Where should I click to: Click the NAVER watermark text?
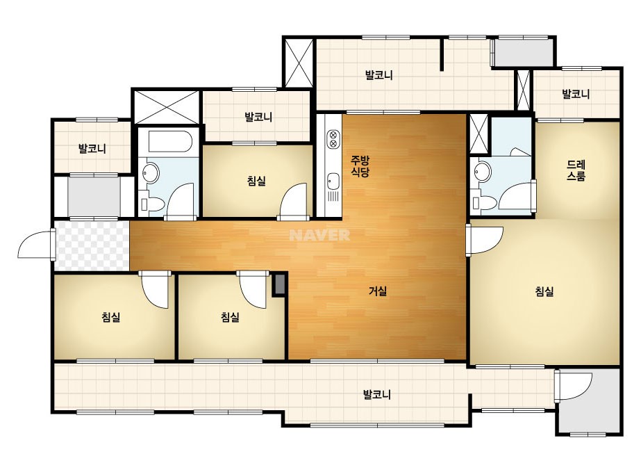[319, 234]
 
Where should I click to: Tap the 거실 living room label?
[378, 291]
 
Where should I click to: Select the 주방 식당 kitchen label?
[360, 165]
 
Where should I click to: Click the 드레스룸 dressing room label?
[576, 170]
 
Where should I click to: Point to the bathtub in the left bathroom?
[169, 141]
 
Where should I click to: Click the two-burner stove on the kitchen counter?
[333, 138]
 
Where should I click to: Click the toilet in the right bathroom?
[483, 202]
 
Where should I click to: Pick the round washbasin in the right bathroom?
[483, 171]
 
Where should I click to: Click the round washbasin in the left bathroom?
[151, 173]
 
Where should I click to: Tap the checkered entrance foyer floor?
[92, 245]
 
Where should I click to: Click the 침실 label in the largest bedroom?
[544, 291]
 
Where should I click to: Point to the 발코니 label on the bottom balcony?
[377, 395]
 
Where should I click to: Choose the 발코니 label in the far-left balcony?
[92, 148]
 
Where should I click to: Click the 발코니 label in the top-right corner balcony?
[576, 94]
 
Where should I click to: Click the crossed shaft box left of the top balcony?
[299, 63]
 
